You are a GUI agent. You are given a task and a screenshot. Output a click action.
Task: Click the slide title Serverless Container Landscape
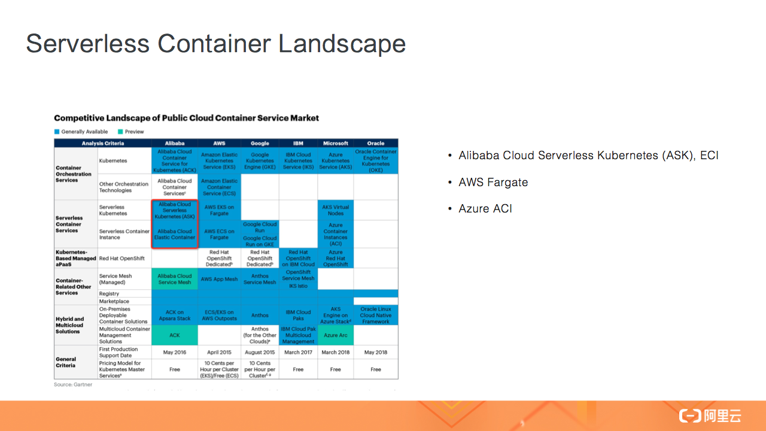pos(216,44)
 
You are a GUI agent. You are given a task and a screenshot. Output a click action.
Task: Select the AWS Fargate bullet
pos(493,182)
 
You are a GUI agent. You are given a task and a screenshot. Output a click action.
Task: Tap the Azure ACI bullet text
pos(485,209)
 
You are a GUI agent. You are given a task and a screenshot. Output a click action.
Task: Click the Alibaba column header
pos(175,144)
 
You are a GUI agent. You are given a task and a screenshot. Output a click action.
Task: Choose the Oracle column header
pos(376,144)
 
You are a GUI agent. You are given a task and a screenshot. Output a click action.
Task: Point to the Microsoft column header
pos(336,144)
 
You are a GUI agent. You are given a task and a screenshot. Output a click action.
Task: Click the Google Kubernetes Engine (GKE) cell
pos(260,161)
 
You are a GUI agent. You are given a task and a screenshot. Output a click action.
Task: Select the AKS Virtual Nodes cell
pos(336,210)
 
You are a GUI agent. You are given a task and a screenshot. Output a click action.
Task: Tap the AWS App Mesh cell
pos(219,280)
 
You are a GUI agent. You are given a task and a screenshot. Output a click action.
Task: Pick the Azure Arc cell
pos(336,335)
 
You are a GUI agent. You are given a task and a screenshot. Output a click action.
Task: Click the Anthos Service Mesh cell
pos(260,279)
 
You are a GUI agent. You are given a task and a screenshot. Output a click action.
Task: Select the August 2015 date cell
pos(260,353)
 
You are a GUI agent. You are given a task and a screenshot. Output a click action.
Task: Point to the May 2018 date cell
pos(376,353)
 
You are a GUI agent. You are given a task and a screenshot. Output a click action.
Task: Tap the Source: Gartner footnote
pos(73,384)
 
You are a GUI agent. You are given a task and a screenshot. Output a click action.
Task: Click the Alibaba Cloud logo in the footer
pos(710,416)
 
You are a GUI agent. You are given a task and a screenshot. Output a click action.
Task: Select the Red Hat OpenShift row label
pos(121,259)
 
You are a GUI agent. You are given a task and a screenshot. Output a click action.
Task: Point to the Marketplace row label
pos(114,302)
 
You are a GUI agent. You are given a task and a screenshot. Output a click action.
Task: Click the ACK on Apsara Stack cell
pos(175,315)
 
